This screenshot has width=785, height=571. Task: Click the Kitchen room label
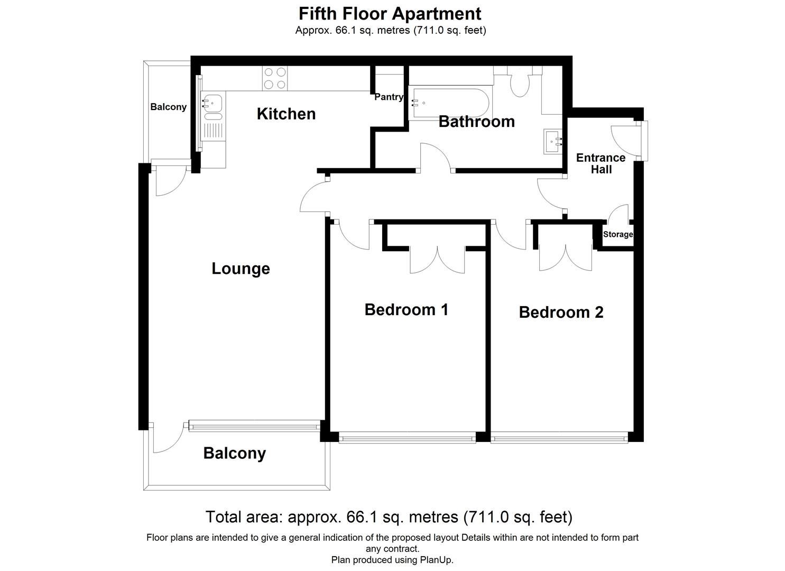tap(286, 114)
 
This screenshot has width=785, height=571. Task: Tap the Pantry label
tap(389, 97)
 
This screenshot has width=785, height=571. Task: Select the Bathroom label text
tap(476, 122)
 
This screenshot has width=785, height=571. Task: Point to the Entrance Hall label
tap(601, 163)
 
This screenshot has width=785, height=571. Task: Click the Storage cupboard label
tap(617, 234)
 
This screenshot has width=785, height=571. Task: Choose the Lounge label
tap(241, 269)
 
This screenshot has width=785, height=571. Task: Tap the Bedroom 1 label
tap(406, 309)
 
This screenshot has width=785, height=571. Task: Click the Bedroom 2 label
tap(561, 312)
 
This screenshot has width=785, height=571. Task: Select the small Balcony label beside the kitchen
tap(168, 107)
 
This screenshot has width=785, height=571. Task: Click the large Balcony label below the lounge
tap(234, 453)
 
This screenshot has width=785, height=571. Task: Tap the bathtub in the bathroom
tap(449, 104)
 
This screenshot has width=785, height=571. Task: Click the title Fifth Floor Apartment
tap(390, 13)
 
